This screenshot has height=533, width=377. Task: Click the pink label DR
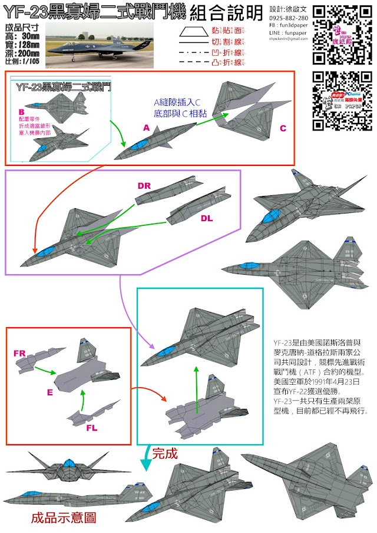pyautogui.click(x=144, y=186)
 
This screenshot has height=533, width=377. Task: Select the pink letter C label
pyautogui.click(x=283, y=128)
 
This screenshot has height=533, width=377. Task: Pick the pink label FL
pyautogui.click(x=92, y=428)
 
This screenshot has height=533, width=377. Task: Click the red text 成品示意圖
pyautogui.click(x=63, y=518)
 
